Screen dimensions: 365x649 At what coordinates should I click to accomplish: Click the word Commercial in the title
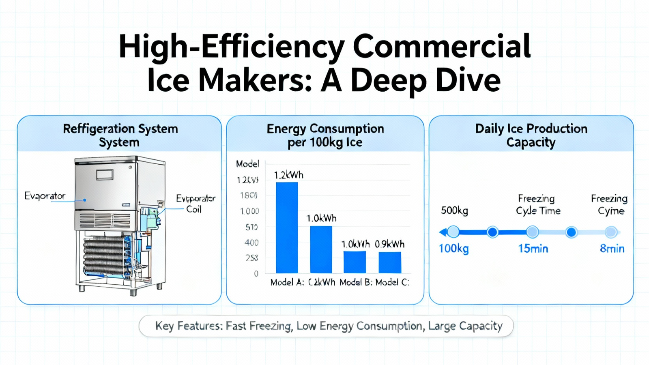click(x=441, y=46)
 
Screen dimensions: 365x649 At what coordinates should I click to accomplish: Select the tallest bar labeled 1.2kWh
click(x=287, y=228)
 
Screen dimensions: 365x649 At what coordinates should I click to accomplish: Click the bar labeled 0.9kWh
click(x=390, y=262)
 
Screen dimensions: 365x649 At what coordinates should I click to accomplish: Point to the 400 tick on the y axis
click(x=251, y=243)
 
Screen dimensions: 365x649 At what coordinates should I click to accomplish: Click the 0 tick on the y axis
click(x=256, y=274)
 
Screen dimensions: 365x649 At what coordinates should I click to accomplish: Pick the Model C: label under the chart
click(x=392, y=282)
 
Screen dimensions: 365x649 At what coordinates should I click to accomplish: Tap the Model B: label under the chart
click(x=356, y=282)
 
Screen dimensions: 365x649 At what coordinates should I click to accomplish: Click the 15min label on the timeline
click(x=533, y=249)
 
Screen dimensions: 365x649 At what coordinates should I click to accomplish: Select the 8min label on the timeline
click(x=612, y=249)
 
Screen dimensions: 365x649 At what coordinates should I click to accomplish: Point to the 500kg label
click(x=454, y=210)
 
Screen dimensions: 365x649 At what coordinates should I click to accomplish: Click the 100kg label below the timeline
click(x=453, y=248)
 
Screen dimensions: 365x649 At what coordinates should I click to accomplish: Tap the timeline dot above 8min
click(x=611, y=232)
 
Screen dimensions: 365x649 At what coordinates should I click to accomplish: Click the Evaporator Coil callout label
click(x=195, y=204)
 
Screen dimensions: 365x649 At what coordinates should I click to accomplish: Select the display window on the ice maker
click(x=105, y=174)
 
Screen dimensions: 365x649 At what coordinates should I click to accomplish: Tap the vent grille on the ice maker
click(x=105, y=221)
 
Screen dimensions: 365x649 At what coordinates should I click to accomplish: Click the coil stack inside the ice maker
click(x=105, y=256)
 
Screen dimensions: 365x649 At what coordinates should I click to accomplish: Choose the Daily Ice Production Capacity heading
click(x=531, y=135)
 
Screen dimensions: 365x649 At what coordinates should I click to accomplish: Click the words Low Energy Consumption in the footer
click(x=359, y=326)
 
